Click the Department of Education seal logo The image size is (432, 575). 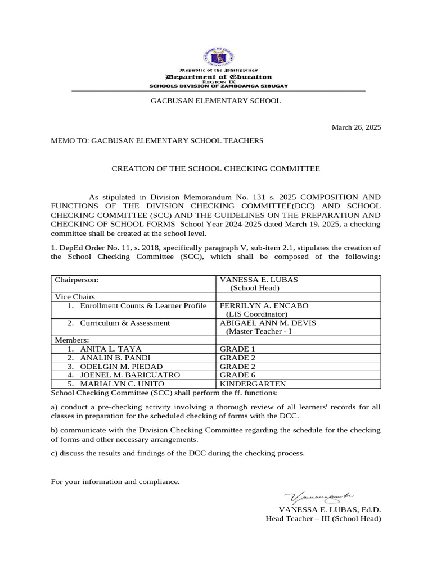218,56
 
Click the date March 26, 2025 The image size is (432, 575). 356,127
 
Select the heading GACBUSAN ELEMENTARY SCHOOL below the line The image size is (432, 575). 215,101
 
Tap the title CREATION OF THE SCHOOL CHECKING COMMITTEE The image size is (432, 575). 215,168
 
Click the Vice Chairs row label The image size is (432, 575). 75,297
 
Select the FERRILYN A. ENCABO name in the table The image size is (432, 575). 263,306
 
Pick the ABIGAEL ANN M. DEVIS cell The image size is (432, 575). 268,323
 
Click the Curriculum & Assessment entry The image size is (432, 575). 124,323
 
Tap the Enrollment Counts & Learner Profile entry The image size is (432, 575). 143,306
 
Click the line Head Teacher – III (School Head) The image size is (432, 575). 323,519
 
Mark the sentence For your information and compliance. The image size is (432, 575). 115,482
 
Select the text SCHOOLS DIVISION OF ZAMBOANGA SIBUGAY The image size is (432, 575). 218,86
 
